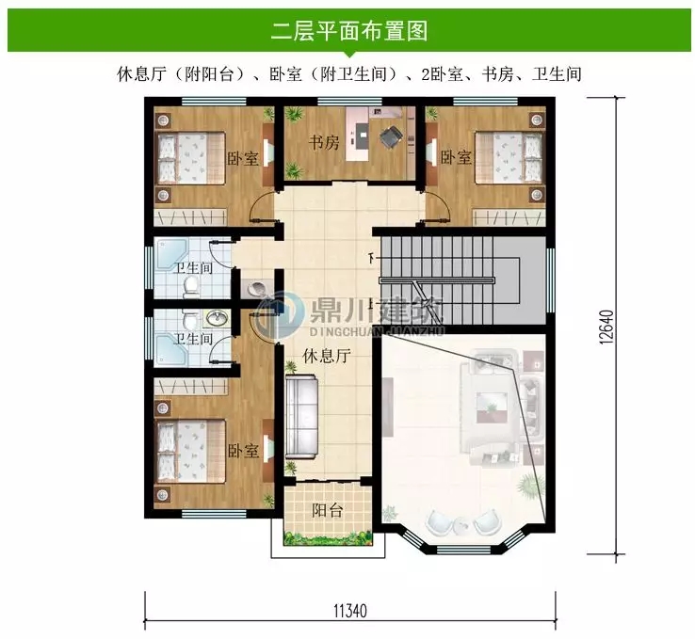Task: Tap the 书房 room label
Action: point(325,144)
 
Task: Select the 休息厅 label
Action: point(327,356)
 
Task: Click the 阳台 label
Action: point(327,510)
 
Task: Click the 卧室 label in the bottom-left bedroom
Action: point(243,452)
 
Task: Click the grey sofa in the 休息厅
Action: point(303,415)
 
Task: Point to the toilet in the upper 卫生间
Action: point(190,285)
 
